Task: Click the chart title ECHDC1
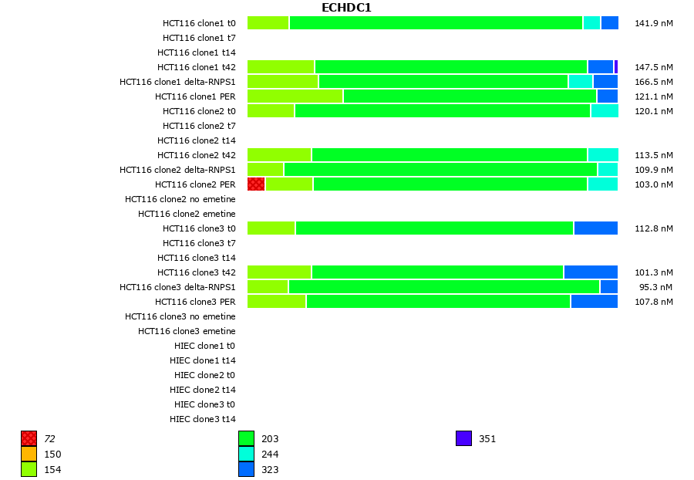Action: (x=346, y=8)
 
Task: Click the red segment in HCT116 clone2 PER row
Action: (x=256, y=184)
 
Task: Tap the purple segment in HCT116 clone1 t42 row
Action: (x=616, y=67)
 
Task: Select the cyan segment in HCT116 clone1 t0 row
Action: (x=591, y=23)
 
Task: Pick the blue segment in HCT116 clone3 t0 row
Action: (x=595, y=228)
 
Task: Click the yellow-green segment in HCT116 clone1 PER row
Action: (x=295, y=96)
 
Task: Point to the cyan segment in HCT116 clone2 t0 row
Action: (x=605, y=111)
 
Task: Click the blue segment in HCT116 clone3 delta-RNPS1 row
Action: (x=609, y=286)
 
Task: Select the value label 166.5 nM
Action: (x=654, y=82)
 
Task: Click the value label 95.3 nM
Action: (x=656, y=287)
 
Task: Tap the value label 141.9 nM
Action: (x=654, y=23)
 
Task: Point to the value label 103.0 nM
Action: (x=654, y=184)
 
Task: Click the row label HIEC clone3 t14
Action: (x=203, y=419)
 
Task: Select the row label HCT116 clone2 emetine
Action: (x=187, y=214)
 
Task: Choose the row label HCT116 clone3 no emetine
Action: (x=180, y=316)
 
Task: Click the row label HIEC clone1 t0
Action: (x=203, y=346)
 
